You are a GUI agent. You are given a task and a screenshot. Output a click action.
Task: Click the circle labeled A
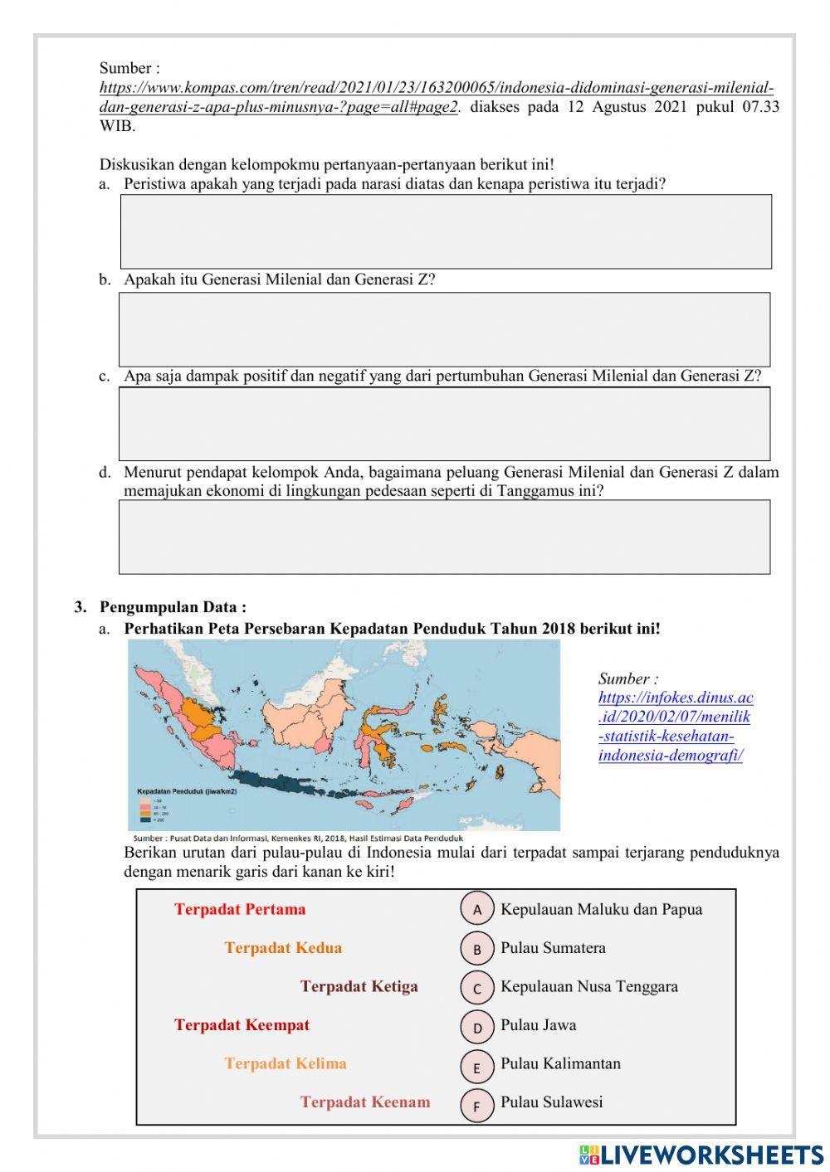click(x=477, y=909)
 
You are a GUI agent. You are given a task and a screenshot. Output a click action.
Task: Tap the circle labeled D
click(x=477, y=1028)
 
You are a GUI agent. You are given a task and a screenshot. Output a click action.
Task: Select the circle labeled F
click(x=477, y=1105)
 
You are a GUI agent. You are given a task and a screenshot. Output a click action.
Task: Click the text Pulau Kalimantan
click(x=560, y=1063)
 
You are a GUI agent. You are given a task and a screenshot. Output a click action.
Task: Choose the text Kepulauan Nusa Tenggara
click(x=588, y=986)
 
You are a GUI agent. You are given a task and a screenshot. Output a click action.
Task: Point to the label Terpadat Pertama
click(x=240, y=909)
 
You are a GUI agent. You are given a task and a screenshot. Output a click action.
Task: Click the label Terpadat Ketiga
click(x=359, y=986)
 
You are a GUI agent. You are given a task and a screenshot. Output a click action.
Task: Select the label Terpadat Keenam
click(x=365, y=1102)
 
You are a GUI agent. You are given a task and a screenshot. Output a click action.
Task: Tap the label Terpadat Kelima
click(x=285, y=1063)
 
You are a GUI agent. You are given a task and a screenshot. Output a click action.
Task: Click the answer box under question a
click(x=446, y=231)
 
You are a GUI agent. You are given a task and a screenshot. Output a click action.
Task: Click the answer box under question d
click(x=444, y=537)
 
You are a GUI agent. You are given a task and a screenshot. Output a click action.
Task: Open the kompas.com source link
click(x=437, y=97)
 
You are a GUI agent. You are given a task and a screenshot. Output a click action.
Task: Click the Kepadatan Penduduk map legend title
click(x=187, y=791)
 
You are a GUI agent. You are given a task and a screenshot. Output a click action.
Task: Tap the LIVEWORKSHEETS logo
click(x=701, y=1155)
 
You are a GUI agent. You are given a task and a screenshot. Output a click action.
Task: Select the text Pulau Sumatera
click(x=553, y=948)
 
